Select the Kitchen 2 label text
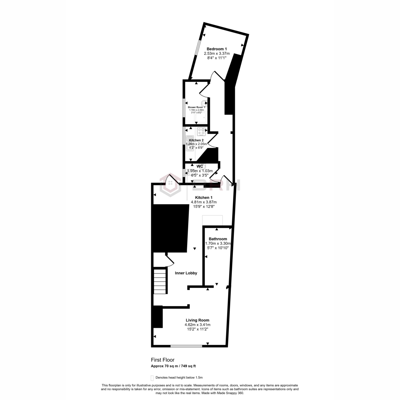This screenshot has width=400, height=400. point(196,140)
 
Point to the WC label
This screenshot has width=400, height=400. point(200,166)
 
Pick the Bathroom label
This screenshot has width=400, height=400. point(218,239)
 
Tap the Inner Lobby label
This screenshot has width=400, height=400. point(186,273)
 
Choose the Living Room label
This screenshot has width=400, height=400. point(197,320)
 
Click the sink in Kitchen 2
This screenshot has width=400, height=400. point(189,143)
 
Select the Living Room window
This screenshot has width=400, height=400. point(186,346)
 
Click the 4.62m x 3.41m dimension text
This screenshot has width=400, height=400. point(197,325)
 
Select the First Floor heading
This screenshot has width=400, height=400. point(163,360)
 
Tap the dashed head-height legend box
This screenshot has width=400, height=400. point(152,378)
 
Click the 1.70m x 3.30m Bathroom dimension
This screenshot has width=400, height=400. point(218,243)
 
